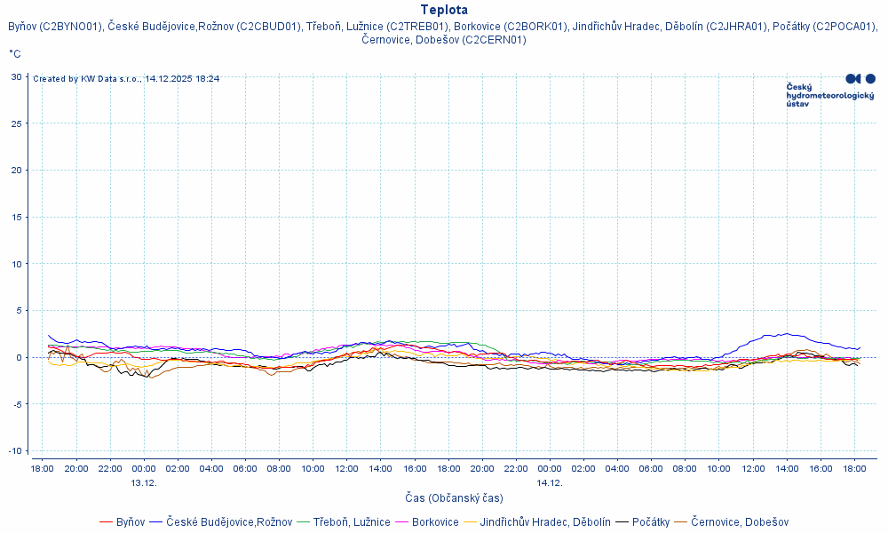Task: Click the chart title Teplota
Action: (x=444, y=10)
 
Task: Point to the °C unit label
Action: (x=15, y=54)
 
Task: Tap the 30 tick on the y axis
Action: (x=16, y=76)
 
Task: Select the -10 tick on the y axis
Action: (x=14, y=451)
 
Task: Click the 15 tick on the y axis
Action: (x=16, y=217)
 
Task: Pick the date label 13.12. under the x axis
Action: (x=144, y=482)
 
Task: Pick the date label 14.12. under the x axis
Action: (x=550, y=482)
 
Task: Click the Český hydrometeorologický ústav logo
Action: (x=830, y=91)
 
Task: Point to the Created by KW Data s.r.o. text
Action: (x=126, y=79)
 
